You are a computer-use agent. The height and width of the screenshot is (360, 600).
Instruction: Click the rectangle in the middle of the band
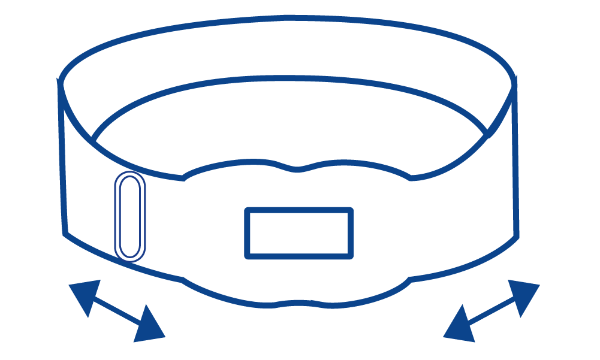click(x=299, y=233)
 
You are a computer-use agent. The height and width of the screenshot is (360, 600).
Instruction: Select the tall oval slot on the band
click(x=130, y=216)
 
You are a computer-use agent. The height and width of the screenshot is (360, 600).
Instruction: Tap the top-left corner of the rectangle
click(x=248, y=210)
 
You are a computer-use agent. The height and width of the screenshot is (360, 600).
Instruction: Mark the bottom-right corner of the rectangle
click(x=350, y=256)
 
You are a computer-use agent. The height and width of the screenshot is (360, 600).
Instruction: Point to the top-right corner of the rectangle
click(x=350, y=210)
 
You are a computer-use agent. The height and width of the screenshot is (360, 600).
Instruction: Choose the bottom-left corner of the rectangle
click(x=248, y=256)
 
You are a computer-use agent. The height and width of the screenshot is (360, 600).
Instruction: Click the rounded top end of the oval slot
click(x=130, y=175)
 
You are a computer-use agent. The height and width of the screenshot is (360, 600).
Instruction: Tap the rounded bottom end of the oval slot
click(x=130, y=258)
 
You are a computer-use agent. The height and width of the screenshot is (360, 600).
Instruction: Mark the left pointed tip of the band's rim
click(x=59, y=80)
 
